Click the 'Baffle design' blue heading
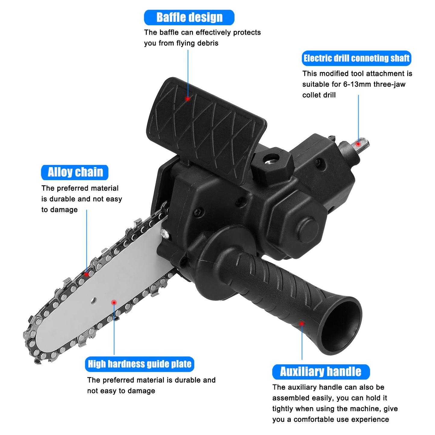(189, 17)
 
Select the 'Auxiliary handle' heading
(321, 372)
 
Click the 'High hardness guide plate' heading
(139, 364)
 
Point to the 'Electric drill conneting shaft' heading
(356, 58)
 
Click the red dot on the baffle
(188, 99)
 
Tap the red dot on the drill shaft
(358, 144)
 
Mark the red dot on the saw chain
(87, 274)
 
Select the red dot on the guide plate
(114, 302)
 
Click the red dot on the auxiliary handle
(302, 324)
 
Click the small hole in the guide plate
(94, 300)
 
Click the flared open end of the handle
(342, 327)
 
